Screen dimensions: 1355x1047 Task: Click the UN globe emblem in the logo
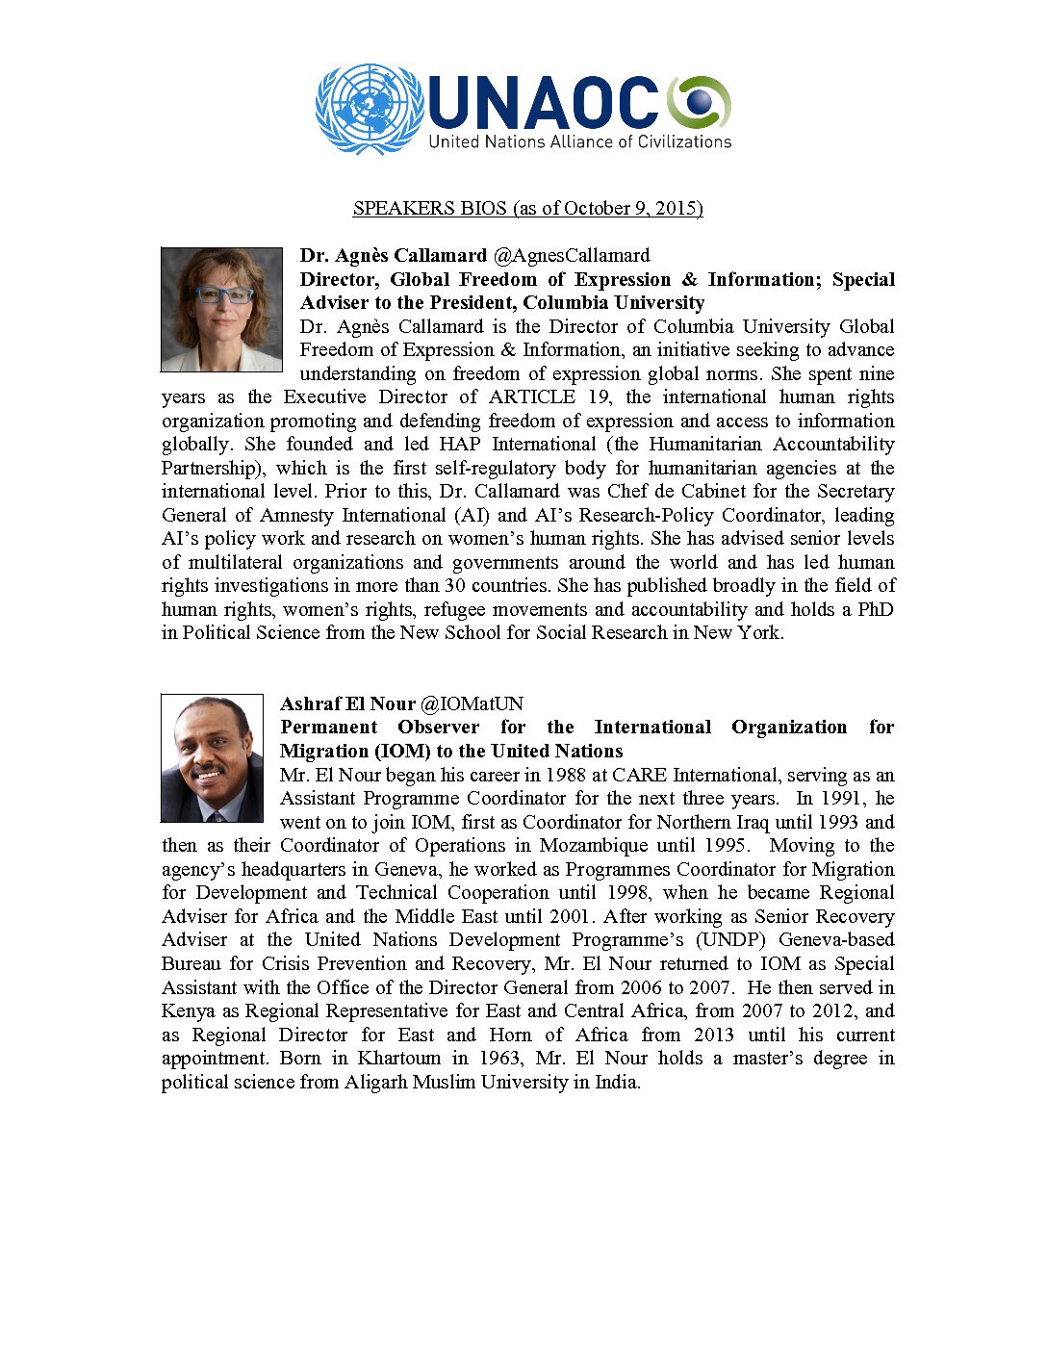(370, 109)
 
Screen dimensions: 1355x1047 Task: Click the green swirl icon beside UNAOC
(700, 102)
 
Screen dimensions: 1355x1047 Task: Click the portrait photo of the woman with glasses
(221, 309)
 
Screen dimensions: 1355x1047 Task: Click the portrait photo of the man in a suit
(212, 758)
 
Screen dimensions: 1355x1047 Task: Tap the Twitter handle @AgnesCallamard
(572, 255)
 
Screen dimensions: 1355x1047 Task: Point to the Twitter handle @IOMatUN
(472, 703)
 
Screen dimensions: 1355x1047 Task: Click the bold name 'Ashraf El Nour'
(347, 703)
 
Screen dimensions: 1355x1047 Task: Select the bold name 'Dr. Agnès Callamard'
(394, 255)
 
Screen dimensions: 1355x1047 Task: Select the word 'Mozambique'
(594, 846)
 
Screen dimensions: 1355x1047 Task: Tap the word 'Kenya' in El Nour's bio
(189, 1011)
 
